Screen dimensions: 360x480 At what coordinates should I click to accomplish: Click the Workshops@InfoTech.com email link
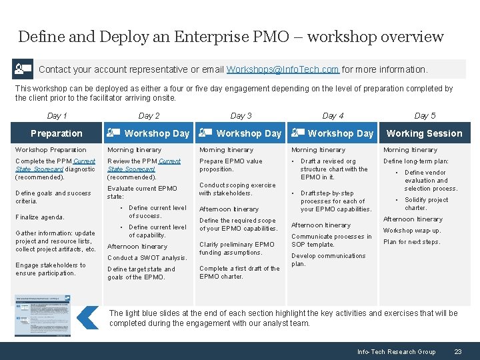[283, 69]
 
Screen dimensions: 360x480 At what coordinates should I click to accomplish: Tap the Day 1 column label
[57, 116]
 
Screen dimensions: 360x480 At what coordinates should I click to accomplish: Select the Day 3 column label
[241, 116]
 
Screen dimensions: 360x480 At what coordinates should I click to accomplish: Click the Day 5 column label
[425, 116]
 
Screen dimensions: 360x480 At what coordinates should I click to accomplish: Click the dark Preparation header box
[57, 133]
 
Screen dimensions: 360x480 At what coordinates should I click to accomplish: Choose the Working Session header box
[424, 133]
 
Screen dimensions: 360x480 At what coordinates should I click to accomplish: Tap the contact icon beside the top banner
[23, 69]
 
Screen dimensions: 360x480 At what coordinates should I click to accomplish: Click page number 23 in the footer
[457, 351]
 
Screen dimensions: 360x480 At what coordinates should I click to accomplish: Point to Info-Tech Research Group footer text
[396, 351]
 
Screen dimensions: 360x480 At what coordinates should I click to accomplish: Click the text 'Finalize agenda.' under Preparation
[40, 217]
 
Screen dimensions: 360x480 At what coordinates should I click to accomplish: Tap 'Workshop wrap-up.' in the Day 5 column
[411, 231]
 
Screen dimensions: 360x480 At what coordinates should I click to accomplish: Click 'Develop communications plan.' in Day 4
[328, 259]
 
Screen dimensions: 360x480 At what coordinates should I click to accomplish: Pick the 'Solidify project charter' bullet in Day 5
[426, 204]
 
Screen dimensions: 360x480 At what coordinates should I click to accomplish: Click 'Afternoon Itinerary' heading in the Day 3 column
[229, 209]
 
